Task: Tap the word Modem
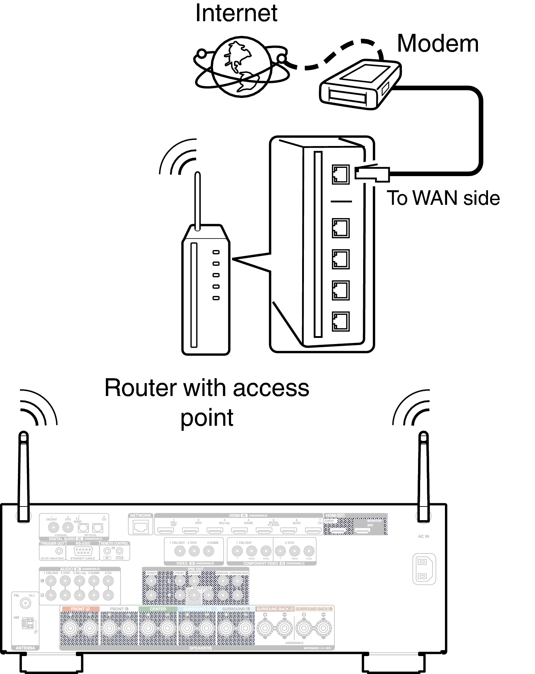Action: coord(437,44)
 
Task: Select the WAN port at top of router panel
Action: coord(340,175)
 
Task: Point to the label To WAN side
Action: coord(443,198)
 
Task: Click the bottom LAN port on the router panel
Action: coord(340,321)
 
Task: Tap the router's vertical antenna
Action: coord(197,201)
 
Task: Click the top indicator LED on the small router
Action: coord(216,252)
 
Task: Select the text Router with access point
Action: coord(207,402)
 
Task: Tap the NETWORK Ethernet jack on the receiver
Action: coord(140,527)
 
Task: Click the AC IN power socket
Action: coord(424,569)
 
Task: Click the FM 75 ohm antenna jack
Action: coord(25,603)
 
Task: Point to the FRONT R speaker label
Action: coord(80,609)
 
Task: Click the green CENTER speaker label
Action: coord(158,609)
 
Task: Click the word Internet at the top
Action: coord(236,13)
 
